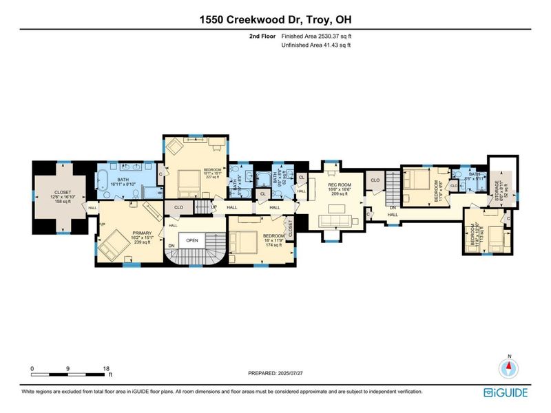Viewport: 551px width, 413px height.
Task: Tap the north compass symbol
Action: (x=509, y=366)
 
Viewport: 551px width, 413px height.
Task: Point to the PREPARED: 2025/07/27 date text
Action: (x=275, y=373)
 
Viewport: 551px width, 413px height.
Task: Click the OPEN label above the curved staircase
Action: (x=191, y=240)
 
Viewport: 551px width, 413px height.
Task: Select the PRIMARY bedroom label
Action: (x=127, y=233)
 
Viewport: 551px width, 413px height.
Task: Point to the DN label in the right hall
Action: (x=393, y=207)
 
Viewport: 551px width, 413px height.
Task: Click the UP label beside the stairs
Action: (x=214, y=207)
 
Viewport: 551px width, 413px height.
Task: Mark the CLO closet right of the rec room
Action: (x=375, y=180)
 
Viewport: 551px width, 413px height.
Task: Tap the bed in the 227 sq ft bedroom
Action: (x=186, y=182)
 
